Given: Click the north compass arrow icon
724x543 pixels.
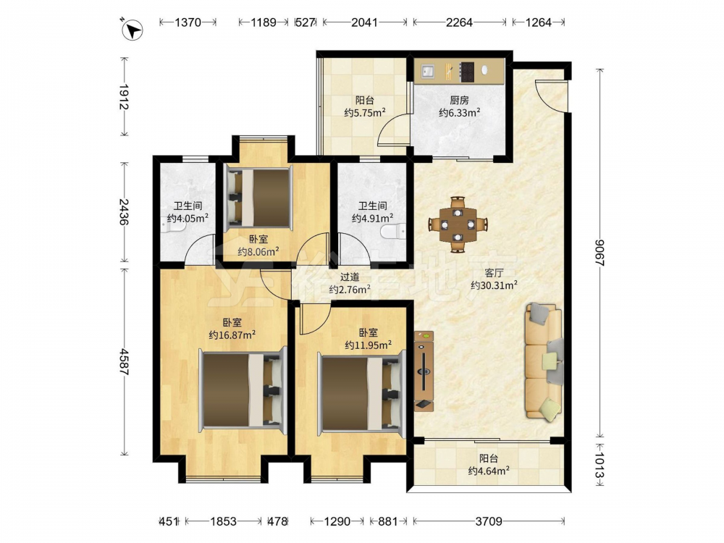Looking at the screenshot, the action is coord(132,30).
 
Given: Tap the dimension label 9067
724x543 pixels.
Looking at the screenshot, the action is coord(599,253).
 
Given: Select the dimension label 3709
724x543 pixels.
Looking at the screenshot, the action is coord(489,521).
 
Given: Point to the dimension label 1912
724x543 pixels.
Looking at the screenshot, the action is coord(123,97).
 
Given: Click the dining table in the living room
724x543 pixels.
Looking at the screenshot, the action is coord(458,224).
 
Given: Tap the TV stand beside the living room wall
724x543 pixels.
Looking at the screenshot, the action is coord(424,371).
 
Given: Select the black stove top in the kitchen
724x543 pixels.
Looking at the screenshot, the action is coord(467,72).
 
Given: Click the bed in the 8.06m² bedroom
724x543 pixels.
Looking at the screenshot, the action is coord(258,198).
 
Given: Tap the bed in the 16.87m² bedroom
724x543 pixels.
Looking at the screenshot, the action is coord(243,390).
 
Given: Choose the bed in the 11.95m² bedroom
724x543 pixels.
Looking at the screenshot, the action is coord(361,392).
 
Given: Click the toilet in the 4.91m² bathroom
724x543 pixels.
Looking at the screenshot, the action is coord(394,231).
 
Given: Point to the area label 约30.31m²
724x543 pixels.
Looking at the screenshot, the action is coord(494,285).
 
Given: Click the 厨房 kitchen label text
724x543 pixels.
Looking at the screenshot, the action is coord(459,100).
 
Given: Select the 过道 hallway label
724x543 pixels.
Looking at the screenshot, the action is coord(350,277).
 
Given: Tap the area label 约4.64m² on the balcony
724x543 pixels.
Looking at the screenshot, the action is coord(489,471).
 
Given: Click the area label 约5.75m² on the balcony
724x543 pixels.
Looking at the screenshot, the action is coord(365,112).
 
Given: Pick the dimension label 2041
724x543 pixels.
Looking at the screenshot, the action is coord(364,22).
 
